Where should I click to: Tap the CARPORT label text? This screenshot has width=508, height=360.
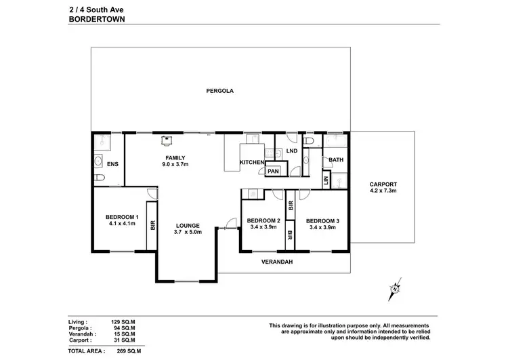pyautogui.click(x=383, y=184)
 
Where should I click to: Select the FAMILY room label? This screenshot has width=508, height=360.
pyautogui.click(x=175, y=157)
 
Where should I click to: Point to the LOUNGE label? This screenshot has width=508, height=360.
pyautogui.click(x=188, y=225)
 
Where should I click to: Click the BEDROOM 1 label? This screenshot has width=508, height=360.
pyautogui.click(x=123, y=217)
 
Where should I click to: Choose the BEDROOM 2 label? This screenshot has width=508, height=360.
pyautogui.click(x=263, y=221)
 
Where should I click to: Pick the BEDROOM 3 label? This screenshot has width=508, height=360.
pyautogui.click(x=322, y=221)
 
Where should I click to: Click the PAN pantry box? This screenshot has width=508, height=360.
pyautogui.click(x=274, y=172)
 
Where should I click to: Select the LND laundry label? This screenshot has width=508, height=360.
pyautogui.click(x=292, y=151)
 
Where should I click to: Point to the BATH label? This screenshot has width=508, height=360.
pyautogui.click(x=335, y=161)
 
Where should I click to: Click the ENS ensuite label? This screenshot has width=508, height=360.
pyautogui.click(x=112, y=164)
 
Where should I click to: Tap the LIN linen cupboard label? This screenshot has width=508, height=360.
pyautogui.click(x=326, y=180)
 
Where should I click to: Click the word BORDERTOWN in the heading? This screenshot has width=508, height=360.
pyautogui.click(x=93, y=20)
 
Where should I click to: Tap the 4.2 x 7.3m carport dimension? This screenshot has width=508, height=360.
pyautogui.click(x=383, y=192)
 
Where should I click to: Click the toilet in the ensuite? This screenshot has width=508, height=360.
pyautogui.click(x=100, y=178)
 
